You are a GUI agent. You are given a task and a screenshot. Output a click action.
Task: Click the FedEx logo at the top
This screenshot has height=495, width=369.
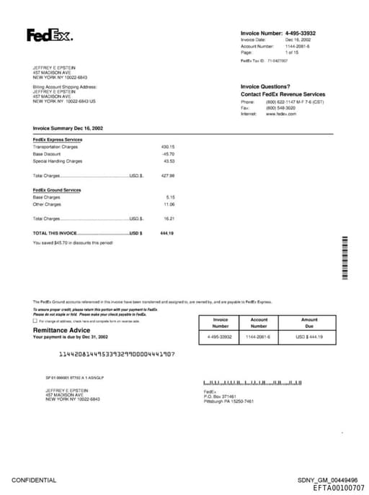point(50,35)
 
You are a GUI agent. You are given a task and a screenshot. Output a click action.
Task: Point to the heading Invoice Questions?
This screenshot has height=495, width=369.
point(265,86)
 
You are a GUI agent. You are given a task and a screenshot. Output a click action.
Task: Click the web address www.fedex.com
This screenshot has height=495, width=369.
point(281,114)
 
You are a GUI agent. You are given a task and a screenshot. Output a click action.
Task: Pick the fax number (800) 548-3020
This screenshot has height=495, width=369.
point(280,108)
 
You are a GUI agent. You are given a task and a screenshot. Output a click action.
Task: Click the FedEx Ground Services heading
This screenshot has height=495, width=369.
point(57,190)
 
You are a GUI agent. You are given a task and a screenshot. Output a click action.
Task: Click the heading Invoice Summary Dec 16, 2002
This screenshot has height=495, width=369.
point(68,128)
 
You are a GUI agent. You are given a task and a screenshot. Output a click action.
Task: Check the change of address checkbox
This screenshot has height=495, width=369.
point(35,320)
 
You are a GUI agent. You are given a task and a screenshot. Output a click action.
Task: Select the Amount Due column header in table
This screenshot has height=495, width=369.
point(309,322)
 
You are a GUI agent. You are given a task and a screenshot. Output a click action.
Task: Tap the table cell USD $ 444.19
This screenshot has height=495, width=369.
point(309,337)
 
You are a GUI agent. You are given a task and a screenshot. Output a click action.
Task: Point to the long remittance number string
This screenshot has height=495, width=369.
point(117,355)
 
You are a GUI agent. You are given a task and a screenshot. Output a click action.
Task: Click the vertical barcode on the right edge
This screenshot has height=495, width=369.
point(347,258)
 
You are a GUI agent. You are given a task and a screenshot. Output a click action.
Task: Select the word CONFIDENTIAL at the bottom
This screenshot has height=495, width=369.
point(34,480)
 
